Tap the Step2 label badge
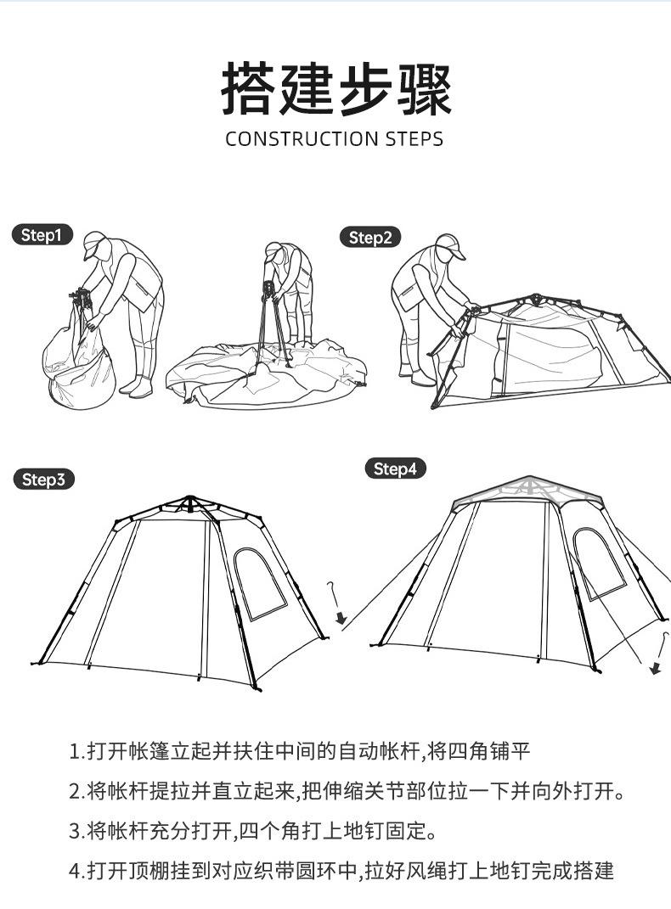click(x=369, y=238)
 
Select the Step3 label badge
click(x=43, y=480)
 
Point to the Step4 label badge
click(x=395, y=469)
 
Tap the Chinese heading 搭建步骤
click(x=335, y=89)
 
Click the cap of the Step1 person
click(x=94, y=243)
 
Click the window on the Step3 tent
click(x=259, y=582)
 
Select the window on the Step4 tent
click(x=599, y=563)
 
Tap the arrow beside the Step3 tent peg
click(x=340, y=616)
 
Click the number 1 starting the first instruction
click(x=75, y=751)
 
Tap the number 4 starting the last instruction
click(x=75, y=870)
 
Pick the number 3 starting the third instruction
click(x=75, y=830)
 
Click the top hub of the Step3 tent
click(x=190, y=502)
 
